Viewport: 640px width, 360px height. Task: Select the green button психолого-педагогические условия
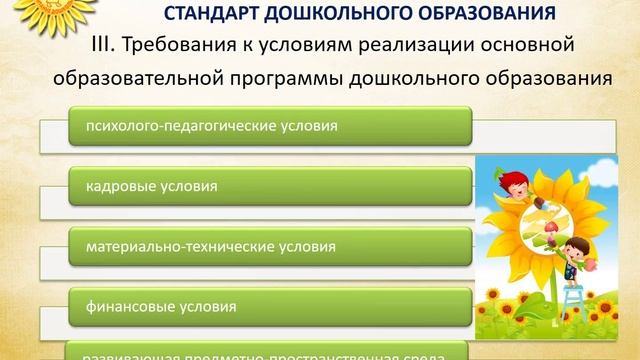pyautogui.click(x=270, y=128)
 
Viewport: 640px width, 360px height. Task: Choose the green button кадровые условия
pyautogui.click(x=270, y=186)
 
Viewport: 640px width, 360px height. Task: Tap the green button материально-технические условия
pyautogui.click(x=270, y=244)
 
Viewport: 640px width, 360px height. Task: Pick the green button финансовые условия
pyautogui.click(x=270, y=303)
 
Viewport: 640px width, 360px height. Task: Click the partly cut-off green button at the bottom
pyautogui.click(x=270, y=351)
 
